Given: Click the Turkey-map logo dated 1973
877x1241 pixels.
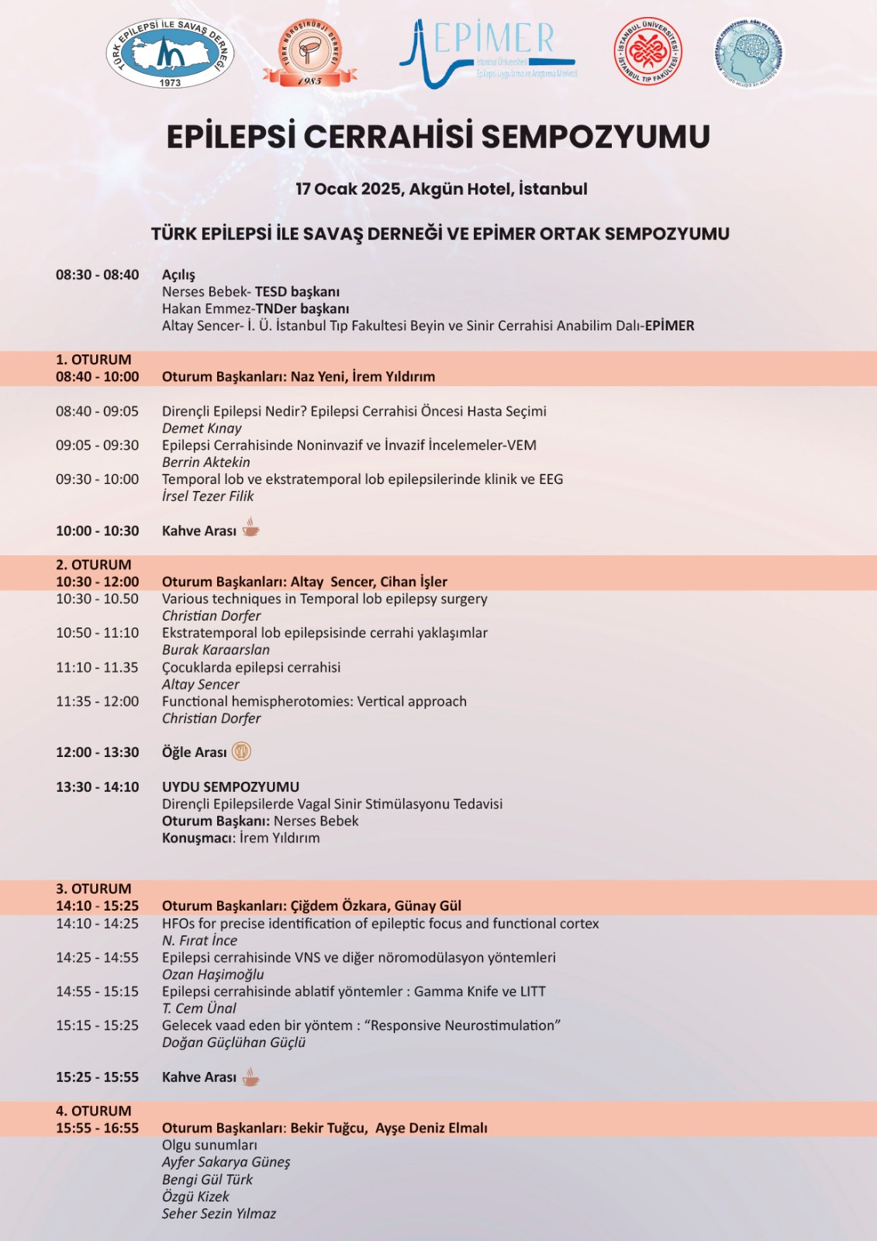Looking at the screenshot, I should [170, 54].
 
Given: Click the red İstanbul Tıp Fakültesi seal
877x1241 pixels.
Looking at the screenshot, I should [648, 51].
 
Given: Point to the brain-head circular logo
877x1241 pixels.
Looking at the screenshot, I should [748, 53].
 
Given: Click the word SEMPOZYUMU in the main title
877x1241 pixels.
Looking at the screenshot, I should [596, 137].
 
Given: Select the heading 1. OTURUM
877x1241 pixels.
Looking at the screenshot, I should [94, 360].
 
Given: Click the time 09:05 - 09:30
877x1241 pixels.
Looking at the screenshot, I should [97, 445].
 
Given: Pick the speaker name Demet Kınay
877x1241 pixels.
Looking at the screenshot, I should [202, 428].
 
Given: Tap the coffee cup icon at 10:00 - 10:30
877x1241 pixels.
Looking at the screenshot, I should [250, 529].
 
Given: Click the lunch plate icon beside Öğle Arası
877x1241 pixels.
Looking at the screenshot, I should [241, 752].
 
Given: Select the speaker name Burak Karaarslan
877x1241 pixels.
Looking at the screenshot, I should [216, 650].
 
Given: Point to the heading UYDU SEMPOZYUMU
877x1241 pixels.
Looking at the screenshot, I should [230, 786].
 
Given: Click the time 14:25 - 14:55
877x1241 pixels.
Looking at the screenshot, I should [97, 958].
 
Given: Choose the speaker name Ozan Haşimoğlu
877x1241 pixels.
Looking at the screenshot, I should [212, 975].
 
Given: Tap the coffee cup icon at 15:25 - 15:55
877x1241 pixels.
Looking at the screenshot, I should [250, 1077].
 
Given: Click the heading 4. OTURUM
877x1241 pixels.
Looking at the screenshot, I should [94, 1111].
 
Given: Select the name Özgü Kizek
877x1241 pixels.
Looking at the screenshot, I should [195, 1197].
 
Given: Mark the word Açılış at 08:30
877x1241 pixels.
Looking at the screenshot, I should [178, 275].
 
